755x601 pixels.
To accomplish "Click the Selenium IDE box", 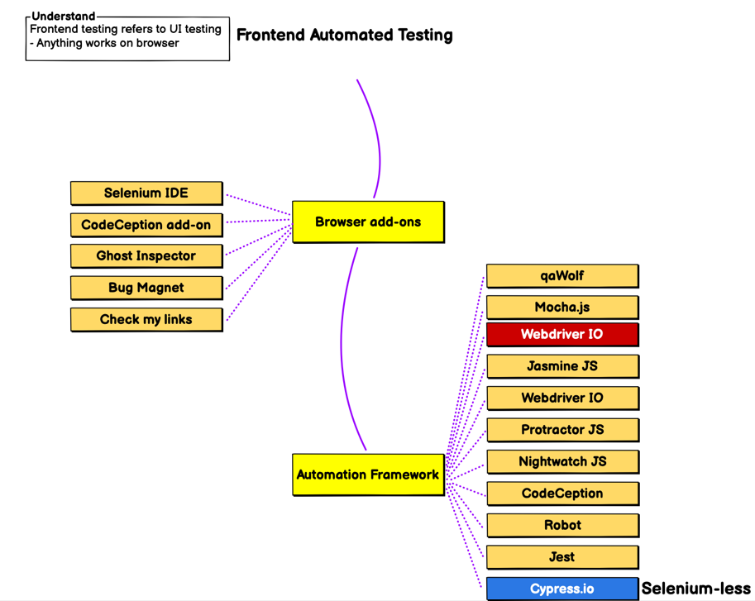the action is (x=146, y=193).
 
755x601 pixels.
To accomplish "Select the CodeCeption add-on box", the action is (x=146, y=225).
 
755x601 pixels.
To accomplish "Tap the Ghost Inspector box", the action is (x=146, y=256).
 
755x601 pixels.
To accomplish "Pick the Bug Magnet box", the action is (x=146, y=288).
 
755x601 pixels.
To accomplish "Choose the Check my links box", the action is (x=146, y=319).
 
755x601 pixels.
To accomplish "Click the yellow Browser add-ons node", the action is (x=368, y=222).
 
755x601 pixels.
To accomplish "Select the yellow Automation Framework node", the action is (x=368, y=475).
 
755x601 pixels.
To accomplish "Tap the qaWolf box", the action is (x=562, y=276).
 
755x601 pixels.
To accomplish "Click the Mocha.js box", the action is (x=562, y=308).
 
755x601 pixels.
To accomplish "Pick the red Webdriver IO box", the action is (x=562, y=335).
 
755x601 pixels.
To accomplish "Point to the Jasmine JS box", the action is (x=563, y=366).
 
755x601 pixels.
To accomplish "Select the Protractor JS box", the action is (x=563, y=430).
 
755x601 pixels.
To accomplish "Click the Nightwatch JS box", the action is (x=563, y=461).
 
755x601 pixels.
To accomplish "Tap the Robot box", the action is (x=563, y=525).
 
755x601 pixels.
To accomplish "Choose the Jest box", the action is (x=562, y=556).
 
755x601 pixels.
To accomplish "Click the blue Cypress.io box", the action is (x=562, y=589).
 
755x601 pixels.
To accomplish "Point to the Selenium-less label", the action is (x=695, y=589).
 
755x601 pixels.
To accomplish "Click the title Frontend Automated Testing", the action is (x=345, y=35).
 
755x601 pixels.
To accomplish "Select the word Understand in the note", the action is (x=64, y=16).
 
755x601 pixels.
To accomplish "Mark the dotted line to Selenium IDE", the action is (x=258, y=204).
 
